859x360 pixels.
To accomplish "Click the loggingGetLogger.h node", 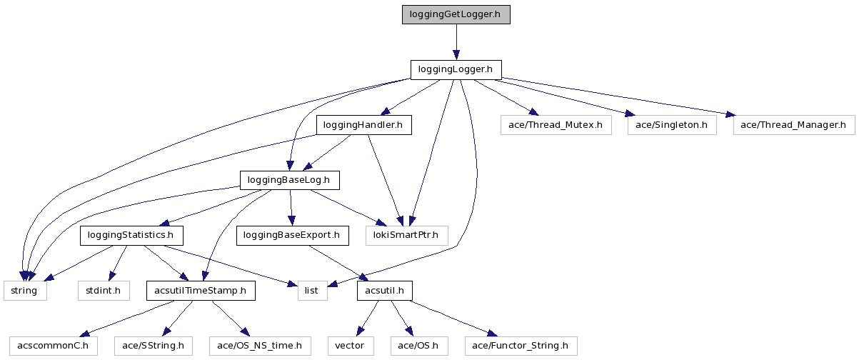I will pyautogui.click(x=456, y=14).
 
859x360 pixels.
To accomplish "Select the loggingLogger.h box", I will pyautogui.click(x=456, y=70).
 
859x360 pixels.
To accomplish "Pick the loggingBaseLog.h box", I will pyautogui.click(x=289, y=180).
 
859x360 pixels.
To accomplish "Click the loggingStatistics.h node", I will pyautogui.click(x=131, y=235).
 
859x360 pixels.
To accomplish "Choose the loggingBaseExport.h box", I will pyautogui.click(x=292, y=235).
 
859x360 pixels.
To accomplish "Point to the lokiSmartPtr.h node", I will pyautogui.click(x=406, y=235).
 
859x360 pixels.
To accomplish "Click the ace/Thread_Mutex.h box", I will pyautogui.click(x=556, y=126).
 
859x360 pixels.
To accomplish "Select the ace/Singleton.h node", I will pyautogui.click(x=671, y=126).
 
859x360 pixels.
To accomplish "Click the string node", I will pyautogui.click(x=25, y=291).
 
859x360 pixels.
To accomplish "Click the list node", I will pyautogui.click(x=312, y=291).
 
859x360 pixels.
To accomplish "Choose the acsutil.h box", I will pyautogui.click(x=385, y=291).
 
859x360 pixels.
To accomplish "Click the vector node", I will pyautogui.click(x=350, y=346).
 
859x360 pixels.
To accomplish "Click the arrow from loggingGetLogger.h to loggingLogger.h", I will pyautogui.click(x=456, y=42).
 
